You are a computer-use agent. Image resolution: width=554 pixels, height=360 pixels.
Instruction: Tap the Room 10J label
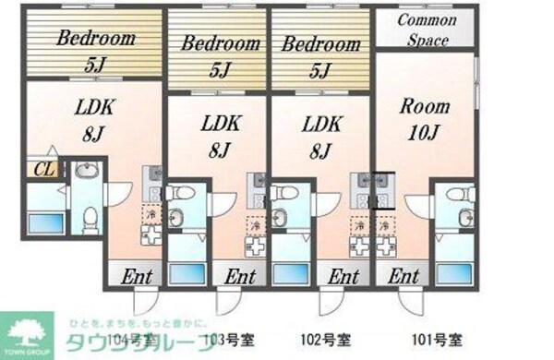424,117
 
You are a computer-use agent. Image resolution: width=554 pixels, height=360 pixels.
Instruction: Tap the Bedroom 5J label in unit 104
95,50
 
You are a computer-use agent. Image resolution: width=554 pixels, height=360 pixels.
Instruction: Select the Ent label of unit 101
403,276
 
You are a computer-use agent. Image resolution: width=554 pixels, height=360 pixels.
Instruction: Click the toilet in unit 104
89,218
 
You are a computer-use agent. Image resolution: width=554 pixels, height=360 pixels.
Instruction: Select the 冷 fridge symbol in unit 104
151,216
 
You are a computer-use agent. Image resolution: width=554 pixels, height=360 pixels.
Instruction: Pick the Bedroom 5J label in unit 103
220,53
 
